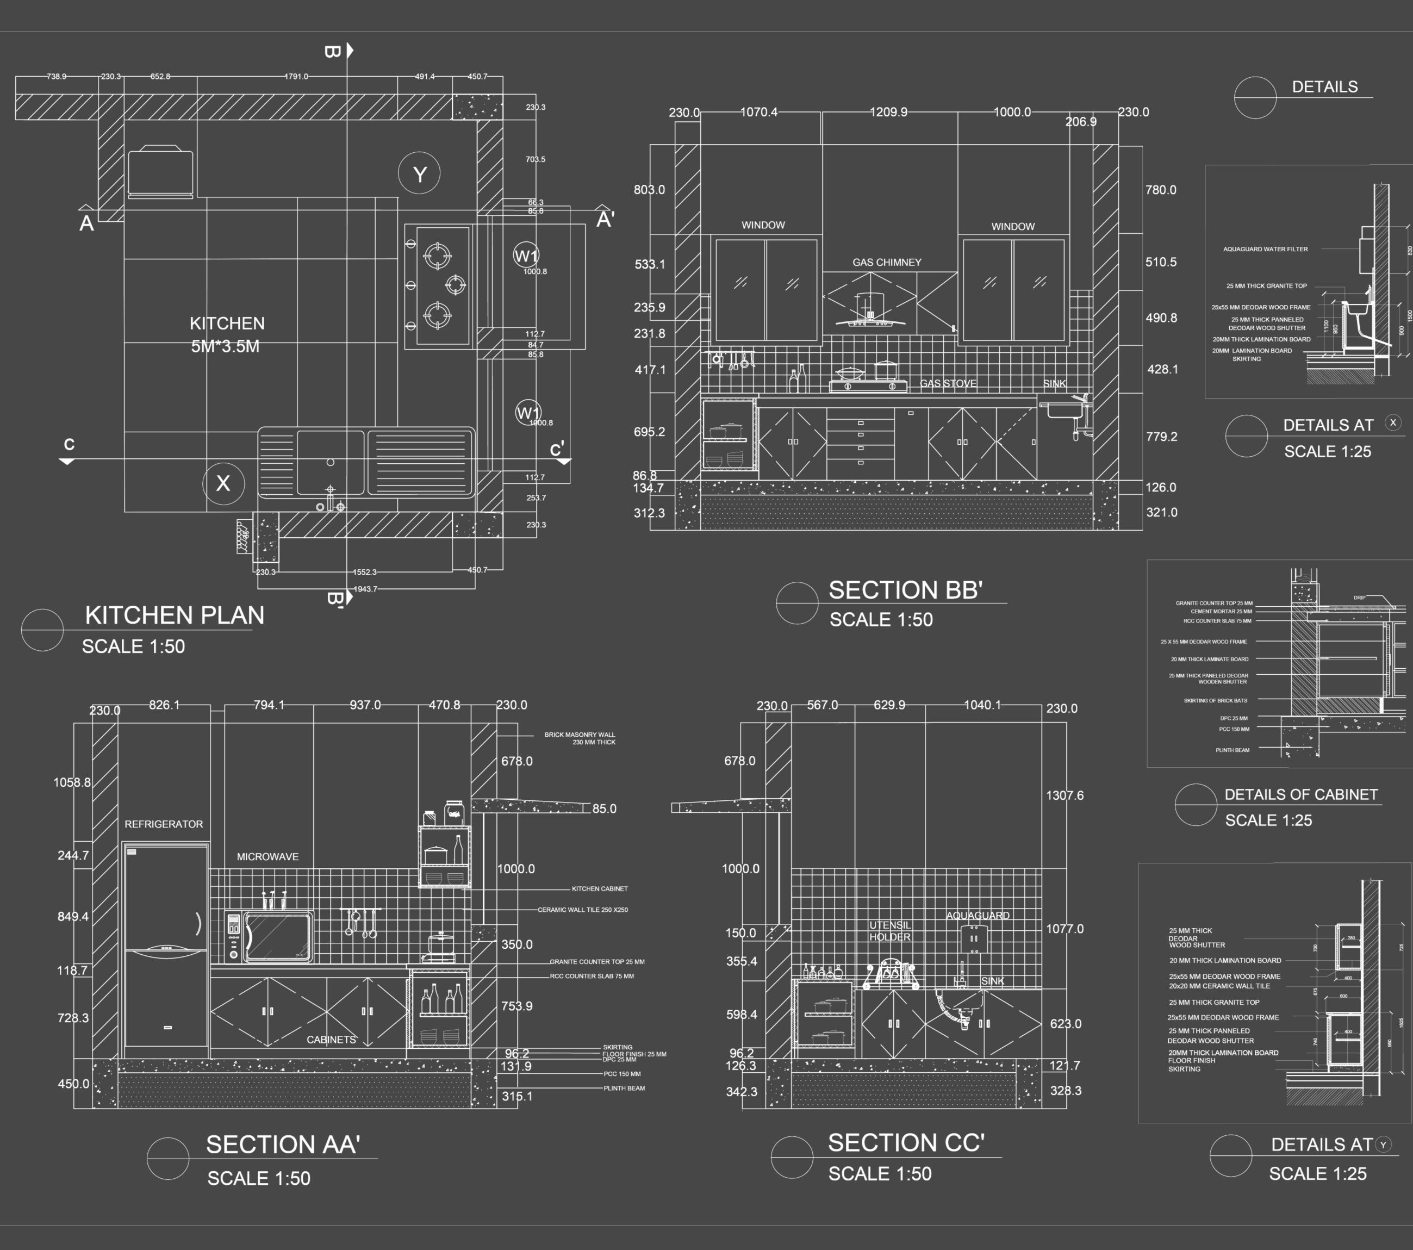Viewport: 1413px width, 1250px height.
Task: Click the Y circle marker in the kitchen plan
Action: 420,173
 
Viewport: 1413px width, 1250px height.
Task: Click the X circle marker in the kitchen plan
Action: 223,483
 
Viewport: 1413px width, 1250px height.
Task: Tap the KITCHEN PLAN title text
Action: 174,614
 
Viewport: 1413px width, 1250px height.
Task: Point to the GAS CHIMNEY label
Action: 886,262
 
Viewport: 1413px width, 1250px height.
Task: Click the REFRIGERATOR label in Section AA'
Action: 163,824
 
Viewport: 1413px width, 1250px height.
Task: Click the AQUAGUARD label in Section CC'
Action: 978,916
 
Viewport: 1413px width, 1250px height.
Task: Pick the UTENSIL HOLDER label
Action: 889,931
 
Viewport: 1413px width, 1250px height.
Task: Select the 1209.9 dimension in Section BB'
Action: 888,112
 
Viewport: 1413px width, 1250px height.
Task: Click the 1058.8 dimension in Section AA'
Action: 72,782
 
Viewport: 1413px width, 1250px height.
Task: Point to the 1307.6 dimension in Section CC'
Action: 1065,795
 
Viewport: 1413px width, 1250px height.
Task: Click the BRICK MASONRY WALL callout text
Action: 580,738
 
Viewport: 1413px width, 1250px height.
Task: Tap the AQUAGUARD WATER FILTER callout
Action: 1265,249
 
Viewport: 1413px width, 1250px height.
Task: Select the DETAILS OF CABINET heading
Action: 1301,794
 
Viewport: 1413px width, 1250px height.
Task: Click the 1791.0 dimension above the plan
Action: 296,76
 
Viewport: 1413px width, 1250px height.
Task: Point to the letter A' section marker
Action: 605,219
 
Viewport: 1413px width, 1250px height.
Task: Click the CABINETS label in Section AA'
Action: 331,1039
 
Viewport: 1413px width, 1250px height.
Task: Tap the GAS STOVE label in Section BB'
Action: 948,383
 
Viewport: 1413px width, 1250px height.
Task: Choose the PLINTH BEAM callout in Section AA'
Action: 624,1088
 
